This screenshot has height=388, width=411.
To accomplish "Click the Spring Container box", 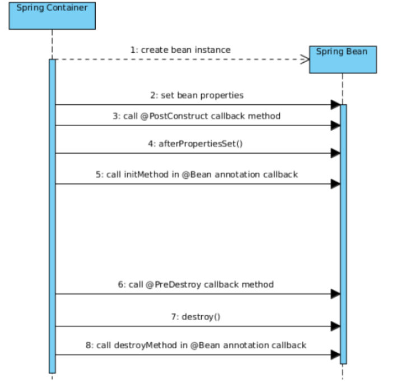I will [52, 15].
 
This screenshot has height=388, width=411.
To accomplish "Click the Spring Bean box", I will [343, 59].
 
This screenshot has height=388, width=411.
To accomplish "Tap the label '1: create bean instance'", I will [180, 50].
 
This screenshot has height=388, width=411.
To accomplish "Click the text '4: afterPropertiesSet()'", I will [197, 144].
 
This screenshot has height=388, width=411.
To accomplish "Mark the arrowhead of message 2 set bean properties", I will [335, 104].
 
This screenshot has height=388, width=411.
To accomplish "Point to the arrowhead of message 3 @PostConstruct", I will [335, 126].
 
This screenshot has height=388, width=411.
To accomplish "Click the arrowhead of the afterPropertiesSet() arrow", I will [335, 153].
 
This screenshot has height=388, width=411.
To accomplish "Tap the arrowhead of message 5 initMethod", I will [335, 184].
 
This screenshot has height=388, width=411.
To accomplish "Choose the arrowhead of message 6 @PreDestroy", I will [335, 294].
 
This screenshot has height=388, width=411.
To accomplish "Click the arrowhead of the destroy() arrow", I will [335, 326].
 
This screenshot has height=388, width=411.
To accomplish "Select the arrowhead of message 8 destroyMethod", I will [335, 354].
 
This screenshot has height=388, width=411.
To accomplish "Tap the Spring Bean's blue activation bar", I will [343, 235].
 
